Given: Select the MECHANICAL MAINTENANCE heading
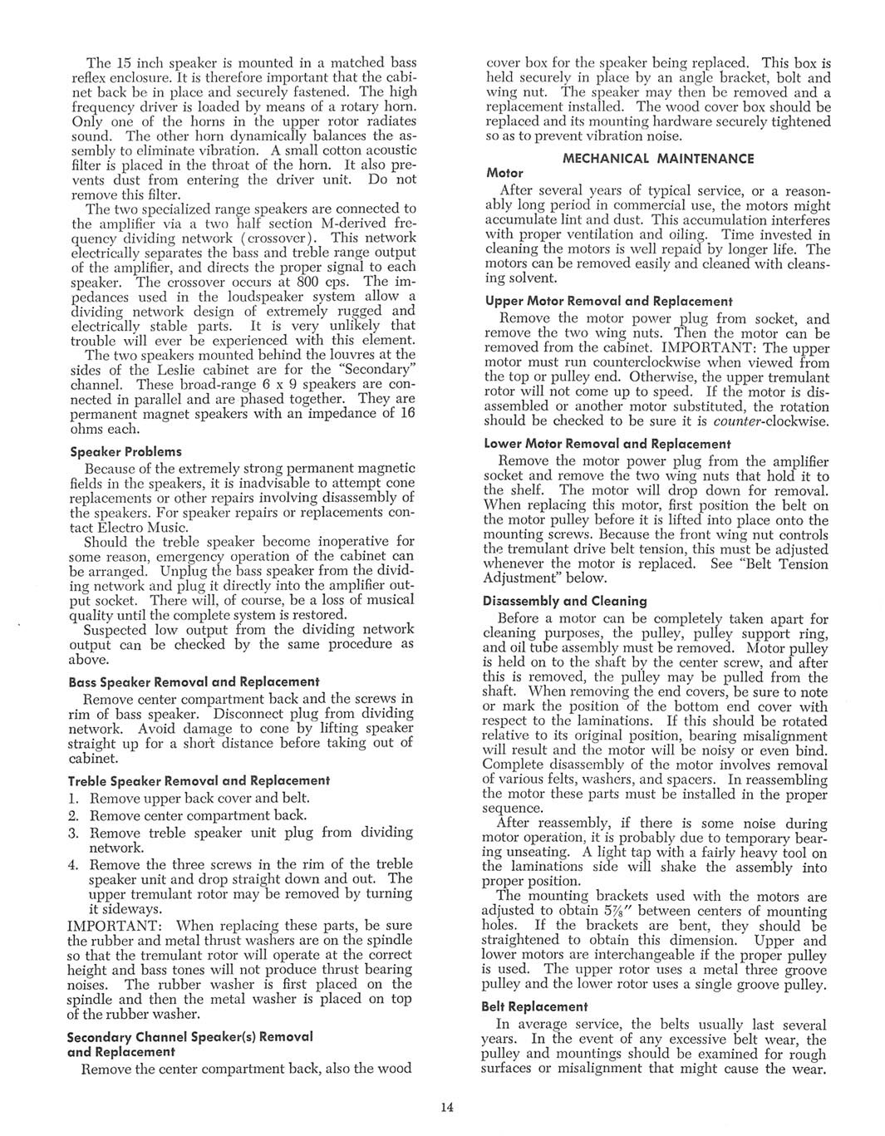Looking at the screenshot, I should tap(658, 158).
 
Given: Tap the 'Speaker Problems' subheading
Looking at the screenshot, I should tap(125, 451).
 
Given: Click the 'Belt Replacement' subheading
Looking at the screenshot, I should tap(536, 1006).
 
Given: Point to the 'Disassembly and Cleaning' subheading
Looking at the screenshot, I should tap(565, 601).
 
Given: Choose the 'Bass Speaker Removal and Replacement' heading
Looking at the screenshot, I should tap(194, 681).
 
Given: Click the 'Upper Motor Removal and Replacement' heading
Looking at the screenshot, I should tap(608, 301).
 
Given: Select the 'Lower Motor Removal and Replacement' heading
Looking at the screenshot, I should tap(607, 444).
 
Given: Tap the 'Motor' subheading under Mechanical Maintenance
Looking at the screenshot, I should tap(504, 173).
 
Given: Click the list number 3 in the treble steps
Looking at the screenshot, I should tap(73, 833).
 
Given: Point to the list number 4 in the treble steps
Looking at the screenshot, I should tap(73, 864).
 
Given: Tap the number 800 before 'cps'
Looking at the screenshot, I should tap(273, 282).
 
